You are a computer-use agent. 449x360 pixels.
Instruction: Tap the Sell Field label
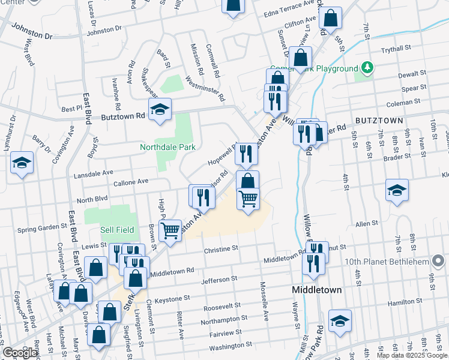pos(115,230)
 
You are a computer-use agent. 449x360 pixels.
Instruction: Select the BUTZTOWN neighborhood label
pos(379,121)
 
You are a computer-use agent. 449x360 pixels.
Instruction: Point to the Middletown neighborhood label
pos(316,290)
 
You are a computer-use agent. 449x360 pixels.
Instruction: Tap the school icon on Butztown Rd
pos(160,110)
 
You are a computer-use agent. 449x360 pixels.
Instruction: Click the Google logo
pos(20,352)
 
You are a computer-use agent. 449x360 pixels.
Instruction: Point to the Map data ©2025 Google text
pos(412,355)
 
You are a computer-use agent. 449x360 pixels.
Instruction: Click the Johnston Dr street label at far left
pos(31,32)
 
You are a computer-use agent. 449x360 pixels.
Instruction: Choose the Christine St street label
pos(221,248)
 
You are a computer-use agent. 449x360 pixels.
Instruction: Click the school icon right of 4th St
pos(397,190)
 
